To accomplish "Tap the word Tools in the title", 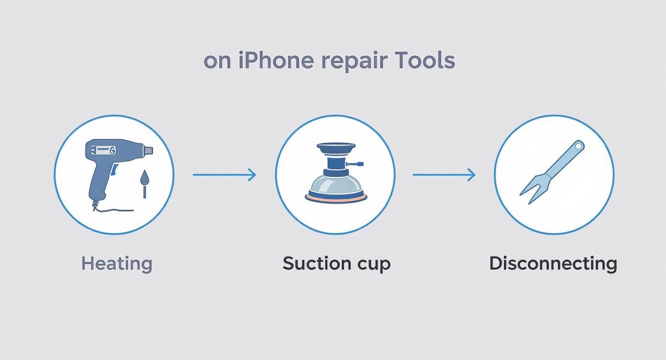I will tap(425, 61).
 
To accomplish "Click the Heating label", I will tap(117, 263).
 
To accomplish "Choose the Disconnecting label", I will tap(553, 263).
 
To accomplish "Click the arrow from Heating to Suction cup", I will tap(224, 175).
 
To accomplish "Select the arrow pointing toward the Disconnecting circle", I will tap(444, 175).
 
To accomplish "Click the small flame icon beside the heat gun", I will tap(144, 180).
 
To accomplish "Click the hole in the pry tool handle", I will tap(578, 146).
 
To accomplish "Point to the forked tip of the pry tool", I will tap(529, 193).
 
